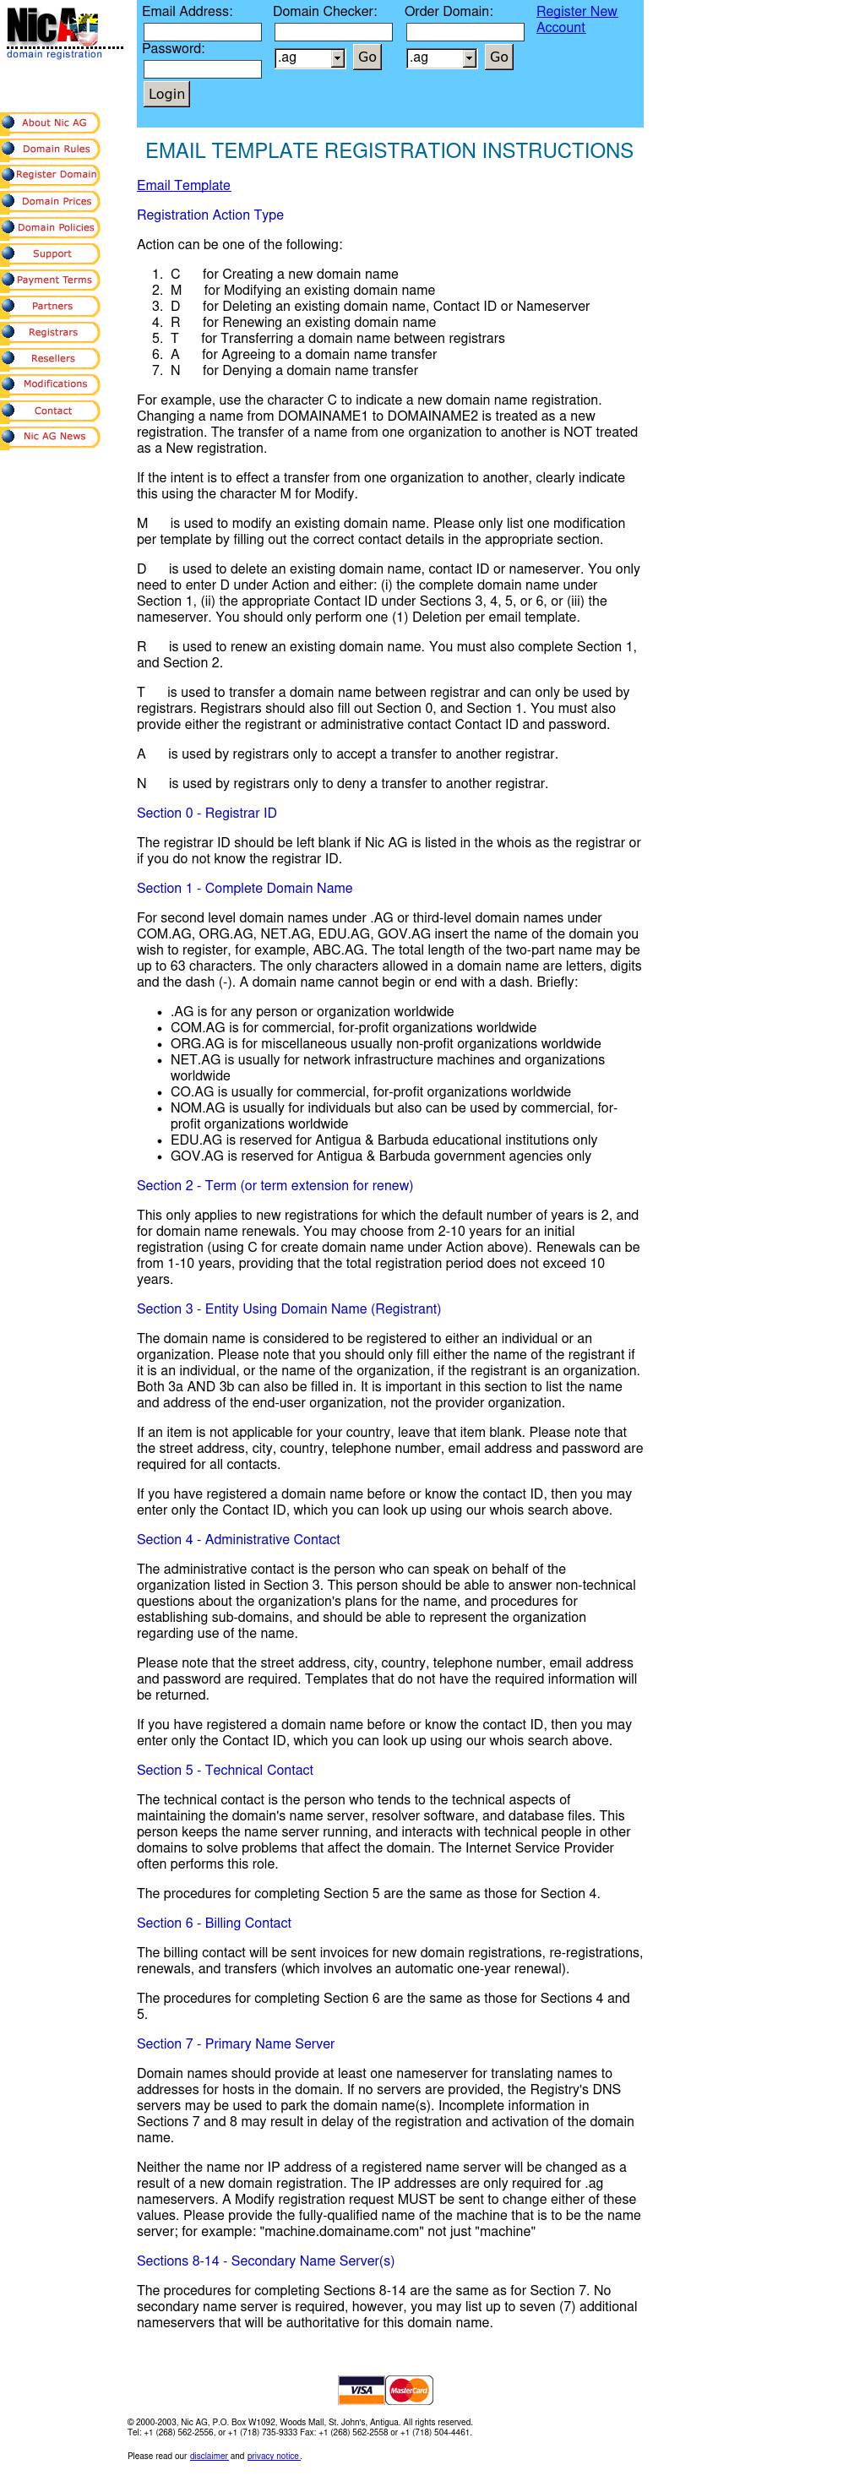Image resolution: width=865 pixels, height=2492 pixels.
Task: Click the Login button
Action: click(166, 94)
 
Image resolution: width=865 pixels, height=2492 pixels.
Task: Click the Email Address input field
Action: click(202, 32)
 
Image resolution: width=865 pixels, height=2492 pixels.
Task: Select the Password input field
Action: click(202, 68)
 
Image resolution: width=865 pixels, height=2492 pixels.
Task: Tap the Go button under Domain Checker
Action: click(367, 57)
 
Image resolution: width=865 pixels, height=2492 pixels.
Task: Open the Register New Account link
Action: click(576, 19)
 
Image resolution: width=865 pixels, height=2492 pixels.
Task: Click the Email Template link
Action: click(184, 186)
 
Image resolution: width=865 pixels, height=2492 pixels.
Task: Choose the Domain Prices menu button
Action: click(51, 201)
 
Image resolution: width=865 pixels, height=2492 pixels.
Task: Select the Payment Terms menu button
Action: click(51, 280)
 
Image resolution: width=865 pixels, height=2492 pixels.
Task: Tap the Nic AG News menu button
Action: click(51, 436)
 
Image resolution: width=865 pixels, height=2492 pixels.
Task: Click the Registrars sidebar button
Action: click(51, 332)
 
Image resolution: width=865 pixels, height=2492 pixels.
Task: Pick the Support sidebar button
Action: click(51, 253)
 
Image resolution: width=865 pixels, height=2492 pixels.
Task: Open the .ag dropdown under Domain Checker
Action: click(310, 58)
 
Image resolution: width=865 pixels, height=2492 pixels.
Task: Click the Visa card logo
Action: click(361, 2390)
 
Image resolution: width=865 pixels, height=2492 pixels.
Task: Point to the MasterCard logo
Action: click(408, 2390)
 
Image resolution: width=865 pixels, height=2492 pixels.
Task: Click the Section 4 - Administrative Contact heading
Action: click(238, 1539)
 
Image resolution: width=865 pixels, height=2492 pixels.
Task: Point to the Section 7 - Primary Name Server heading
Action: click(235, 2043)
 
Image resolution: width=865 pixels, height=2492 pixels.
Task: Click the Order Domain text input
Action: click(465, 32)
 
